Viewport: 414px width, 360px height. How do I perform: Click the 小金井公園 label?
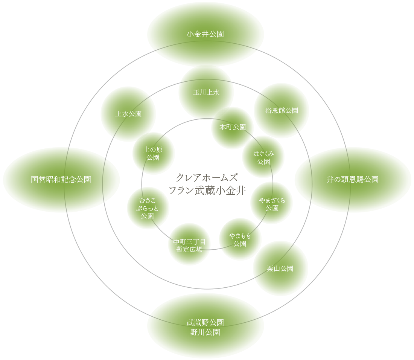tap(205, 34)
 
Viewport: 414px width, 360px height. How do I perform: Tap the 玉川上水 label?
tap(206, 92)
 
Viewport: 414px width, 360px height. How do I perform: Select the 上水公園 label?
tap(129, 114)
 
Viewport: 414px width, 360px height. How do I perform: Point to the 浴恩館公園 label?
tap(282, 110)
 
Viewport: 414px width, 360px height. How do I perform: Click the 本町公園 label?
tap(233, 127)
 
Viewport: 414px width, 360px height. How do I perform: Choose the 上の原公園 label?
tap(153, 154)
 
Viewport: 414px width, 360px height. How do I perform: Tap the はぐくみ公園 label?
tap(263, 158)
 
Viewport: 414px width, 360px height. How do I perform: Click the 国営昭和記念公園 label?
tap(61, 180)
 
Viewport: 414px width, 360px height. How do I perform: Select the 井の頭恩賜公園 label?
tap(353, 180)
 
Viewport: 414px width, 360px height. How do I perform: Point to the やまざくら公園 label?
tap(272, 204)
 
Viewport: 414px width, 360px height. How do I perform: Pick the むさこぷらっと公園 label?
tap(147, 208)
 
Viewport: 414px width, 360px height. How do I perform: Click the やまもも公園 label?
tap(240, 240)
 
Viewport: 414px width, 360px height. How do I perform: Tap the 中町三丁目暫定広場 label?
tap(189, 246)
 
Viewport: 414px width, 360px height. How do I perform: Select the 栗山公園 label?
tap(280, 269)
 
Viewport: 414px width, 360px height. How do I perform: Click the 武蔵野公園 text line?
tap(205, 322)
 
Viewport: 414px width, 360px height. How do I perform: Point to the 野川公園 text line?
tap(205, 332)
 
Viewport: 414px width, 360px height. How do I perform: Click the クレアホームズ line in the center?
tap(207, 177)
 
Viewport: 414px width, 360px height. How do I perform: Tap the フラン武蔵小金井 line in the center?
tap(207, 191)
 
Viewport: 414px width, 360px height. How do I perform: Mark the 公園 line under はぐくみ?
tap(263, 162)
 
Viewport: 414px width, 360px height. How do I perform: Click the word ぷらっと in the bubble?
tap(147, 208)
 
